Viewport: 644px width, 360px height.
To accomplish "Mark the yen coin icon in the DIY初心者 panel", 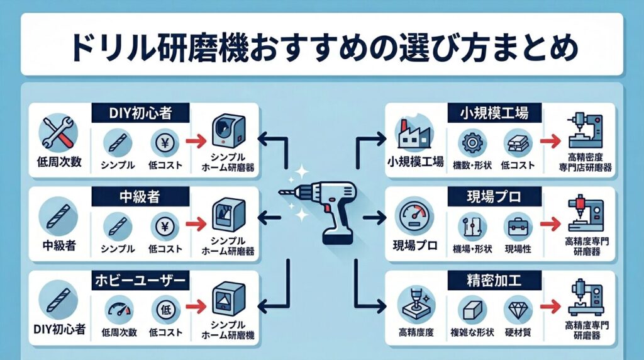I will point(161,143).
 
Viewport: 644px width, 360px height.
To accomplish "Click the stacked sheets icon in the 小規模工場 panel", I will point(518,143).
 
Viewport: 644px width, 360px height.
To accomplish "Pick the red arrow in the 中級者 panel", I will point(197,222).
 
